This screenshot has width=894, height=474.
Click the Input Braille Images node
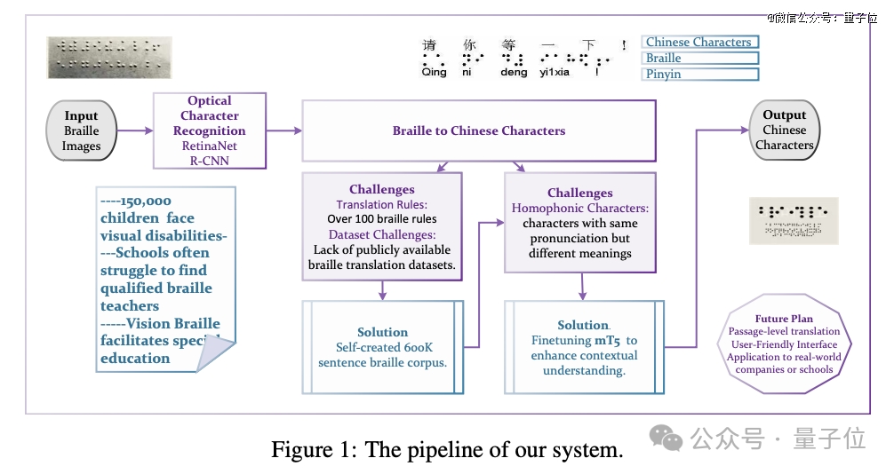point(82,130)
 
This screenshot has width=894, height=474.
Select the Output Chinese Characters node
point(785,130)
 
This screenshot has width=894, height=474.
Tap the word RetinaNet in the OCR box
point(209,146)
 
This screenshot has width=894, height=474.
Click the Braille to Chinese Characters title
point(479,130)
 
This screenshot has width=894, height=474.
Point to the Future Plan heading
point(784,319)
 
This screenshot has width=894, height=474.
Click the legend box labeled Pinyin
point(700,74)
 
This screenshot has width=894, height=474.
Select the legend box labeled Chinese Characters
point(700,42)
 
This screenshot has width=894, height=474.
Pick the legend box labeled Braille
point(700,58)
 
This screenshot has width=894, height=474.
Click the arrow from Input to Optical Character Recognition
point(135,130)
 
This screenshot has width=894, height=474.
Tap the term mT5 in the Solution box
point(607,340)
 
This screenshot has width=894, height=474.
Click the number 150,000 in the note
point(146,201)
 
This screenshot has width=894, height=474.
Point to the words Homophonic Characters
point(579,208)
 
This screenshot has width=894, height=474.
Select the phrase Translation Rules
point(381,204)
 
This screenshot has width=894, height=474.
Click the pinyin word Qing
point(434,72)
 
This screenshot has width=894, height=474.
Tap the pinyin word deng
point(514,72)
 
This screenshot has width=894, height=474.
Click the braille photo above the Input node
point(109,58)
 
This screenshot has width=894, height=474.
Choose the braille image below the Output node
point(794,220)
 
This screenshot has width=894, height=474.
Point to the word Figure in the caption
point(301,449)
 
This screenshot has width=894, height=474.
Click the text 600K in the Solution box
point(418,347)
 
